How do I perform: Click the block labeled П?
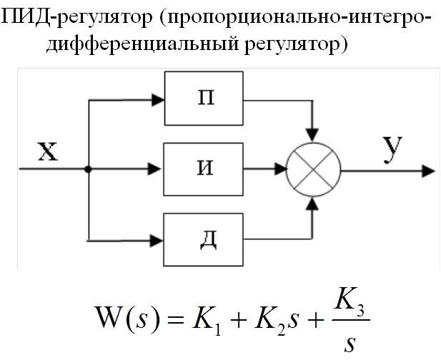(204, 98)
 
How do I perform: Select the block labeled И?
(204, 169)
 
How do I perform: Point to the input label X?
(46, 151)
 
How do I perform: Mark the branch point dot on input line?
(87, 170)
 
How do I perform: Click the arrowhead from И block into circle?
(279, 170)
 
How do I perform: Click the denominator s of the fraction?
(349, 344)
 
